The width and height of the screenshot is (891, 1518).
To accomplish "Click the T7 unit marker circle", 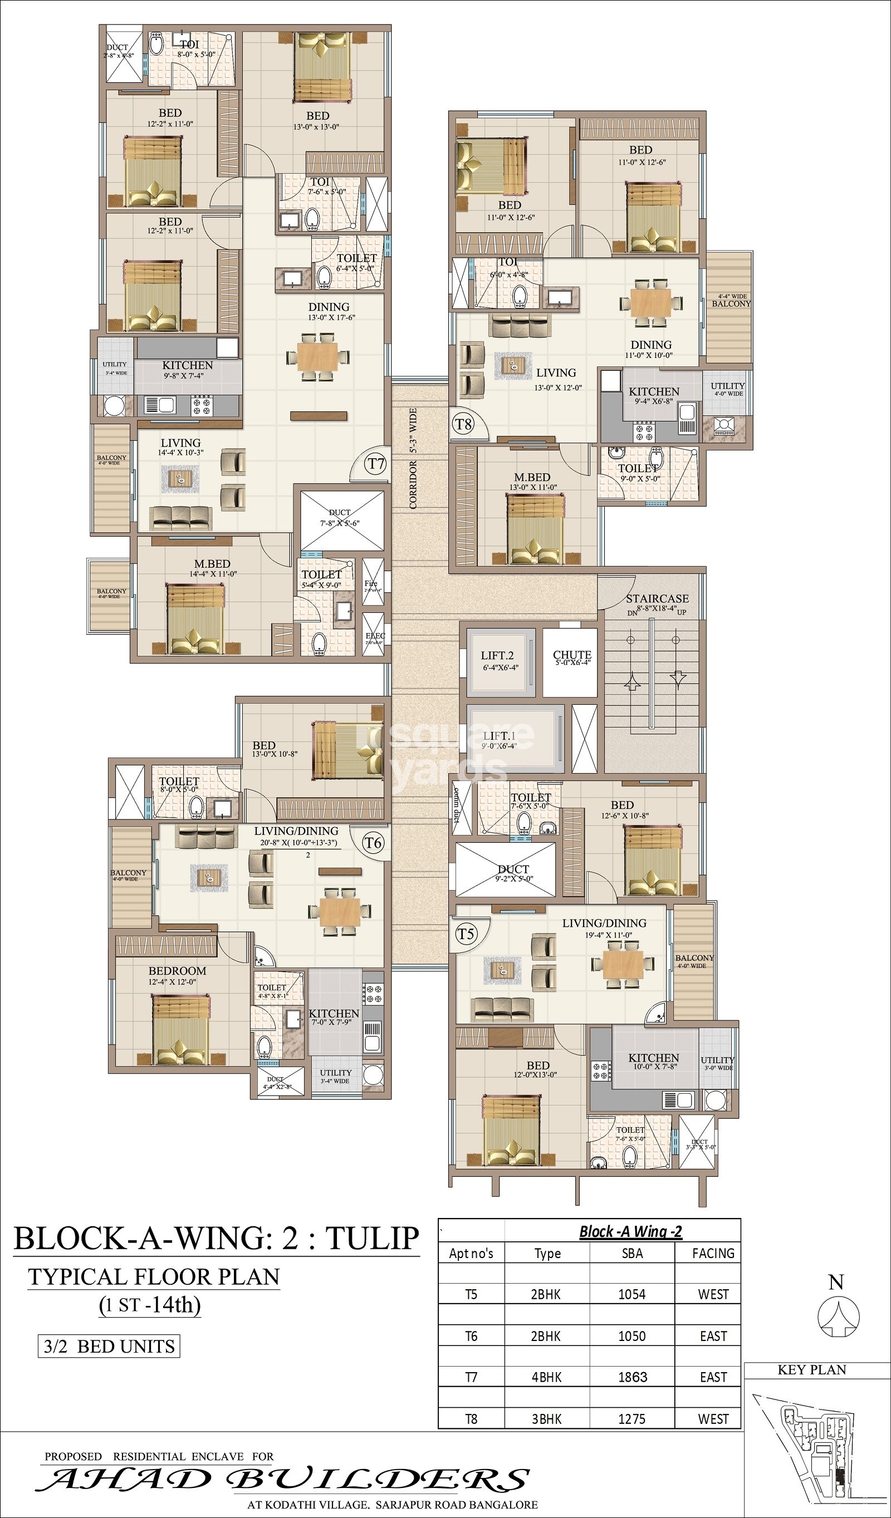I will coord(376,464).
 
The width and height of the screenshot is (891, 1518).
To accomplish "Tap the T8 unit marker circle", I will coord(463,424).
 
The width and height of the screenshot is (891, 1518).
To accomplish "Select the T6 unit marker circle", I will coord(374,843).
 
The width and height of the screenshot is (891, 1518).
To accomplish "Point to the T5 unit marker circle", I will coord(465,934).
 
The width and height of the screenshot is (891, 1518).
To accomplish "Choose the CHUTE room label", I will coord(572,655).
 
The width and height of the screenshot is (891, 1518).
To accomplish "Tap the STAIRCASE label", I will coord(657,599).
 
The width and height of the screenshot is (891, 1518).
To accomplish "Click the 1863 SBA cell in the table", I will coord(632,1377).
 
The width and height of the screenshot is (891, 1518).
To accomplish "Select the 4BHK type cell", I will coord(546,1377).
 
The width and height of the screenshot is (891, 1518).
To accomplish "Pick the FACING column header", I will coord(713,1254).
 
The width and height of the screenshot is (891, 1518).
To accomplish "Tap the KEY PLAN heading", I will coord(811,1370).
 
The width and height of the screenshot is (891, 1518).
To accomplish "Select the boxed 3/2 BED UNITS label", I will coord(109,1347).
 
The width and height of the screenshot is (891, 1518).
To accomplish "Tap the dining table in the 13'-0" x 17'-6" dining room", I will coord(317,358).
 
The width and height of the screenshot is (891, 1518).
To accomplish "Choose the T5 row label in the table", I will coord(471,1295).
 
